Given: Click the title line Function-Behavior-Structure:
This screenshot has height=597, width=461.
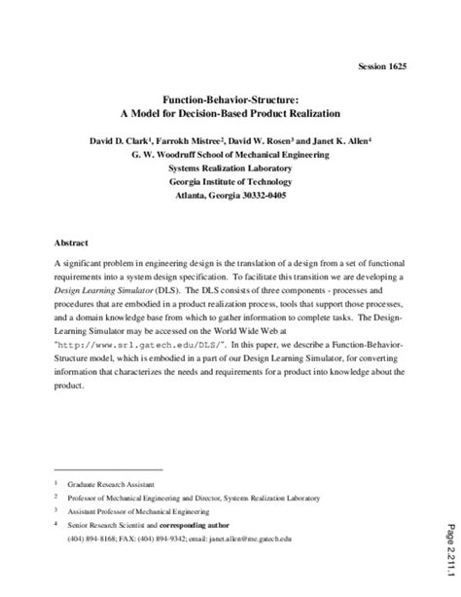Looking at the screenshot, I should tap(230, 98).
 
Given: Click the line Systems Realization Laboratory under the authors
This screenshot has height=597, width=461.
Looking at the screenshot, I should tap(230, 167).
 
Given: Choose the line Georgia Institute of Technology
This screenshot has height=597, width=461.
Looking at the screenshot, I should tap(230, 180).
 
